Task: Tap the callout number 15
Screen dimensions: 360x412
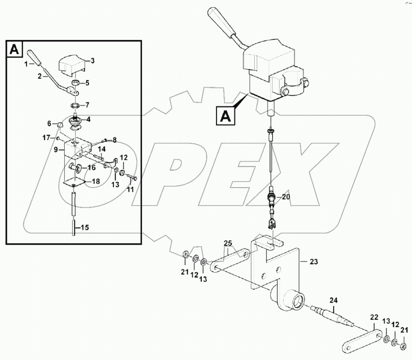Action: tap(84, 228)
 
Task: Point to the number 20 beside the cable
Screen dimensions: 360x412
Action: tap(286, 197)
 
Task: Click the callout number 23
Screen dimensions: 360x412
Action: tap(313, 262)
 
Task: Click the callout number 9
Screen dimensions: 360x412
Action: tap(56, 149)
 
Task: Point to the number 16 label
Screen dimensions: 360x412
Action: tap(91, 168)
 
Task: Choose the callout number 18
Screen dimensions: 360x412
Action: tap(95, 181)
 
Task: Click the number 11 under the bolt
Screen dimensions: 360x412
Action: tap(130, 190)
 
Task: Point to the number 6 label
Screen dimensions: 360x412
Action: tap(49, 124)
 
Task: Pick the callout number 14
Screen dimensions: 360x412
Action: tap(101, 149)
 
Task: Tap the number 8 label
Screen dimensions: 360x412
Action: tap(114, 140)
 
